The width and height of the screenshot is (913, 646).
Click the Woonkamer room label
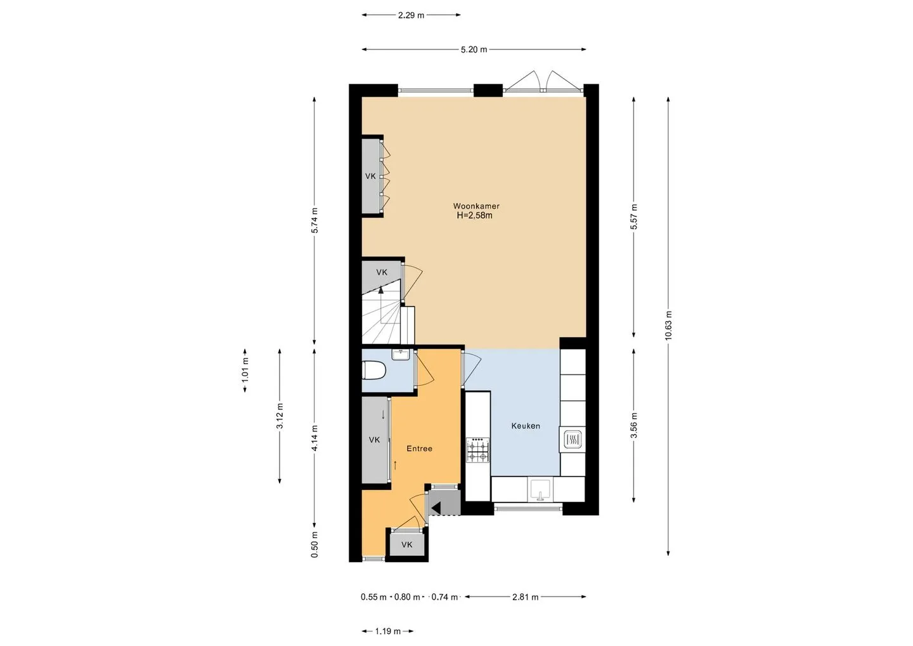click(476, 206)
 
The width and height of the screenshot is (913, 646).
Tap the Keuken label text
click(526, 426)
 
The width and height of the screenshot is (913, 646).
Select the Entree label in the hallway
click(420, 449)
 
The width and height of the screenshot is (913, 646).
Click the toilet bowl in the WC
click(374, 371)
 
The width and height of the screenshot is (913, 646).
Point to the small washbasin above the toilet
click(401, 354)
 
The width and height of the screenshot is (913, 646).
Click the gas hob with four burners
click(478, 451)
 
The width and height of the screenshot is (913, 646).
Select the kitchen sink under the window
click(540, 489)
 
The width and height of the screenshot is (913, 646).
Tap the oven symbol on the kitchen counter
click(573, 439)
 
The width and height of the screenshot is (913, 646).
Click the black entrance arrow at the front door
click(436, 508)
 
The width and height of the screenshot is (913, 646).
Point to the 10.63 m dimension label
click(668, 326)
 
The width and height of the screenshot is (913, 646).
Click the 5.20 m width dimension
click(474, 49)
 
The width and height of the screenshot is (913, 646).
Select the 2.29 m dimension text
click(411, 15)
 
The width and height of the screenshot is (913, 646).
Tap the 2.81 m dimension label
click(526, 598)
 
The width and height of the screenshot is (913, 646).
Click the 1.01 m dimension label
click(245, 371)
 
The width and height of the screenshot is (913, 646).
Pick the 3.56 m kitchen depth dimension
click(634, 425)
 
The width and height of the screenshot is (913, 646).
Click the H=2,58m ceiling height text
click(474, 216)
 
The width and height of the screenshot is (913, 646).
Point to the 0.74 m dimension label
click(444, 598)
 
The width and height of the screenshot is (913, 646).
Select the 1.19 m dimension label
click(387, 632)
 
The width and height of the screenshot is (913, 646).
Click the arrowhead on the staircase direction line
click(381, 290)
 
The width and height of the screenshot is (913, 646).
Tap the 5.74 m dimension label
click(314, 220)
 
